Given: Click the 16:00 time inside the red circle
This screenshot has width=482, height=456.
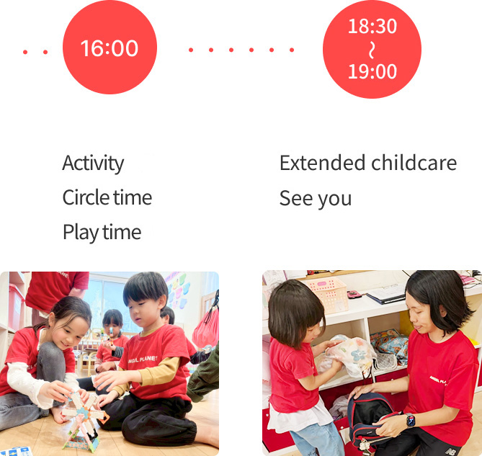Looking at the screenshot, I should tap(110, 48).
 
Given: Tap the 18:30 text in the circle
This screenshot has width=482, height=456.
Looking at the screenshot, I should tap(372, 27).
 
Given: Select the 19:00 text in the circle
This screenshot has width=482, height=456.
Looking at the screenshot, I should tap(372, 71).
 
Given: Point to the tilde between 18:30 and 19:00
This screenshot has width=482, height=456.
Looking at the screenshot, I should tap(372, 49).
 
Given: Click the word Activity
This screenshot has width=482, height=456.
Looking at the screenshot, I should tap(93, 163).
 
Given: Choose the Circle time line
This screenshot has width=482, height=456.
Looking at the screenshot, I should tap(107, 197).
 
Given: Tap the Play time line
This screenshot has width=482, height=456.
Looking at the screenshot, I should tap(102, 232).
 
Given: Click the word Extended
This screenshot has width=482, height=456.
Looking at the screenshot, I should tap(321, 163).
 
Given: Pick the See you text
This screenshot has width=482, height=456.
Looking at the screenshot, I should tap(316, 198).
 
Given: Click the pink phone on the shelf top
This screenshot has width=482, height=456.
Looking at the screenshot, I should tap(354, 294).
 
